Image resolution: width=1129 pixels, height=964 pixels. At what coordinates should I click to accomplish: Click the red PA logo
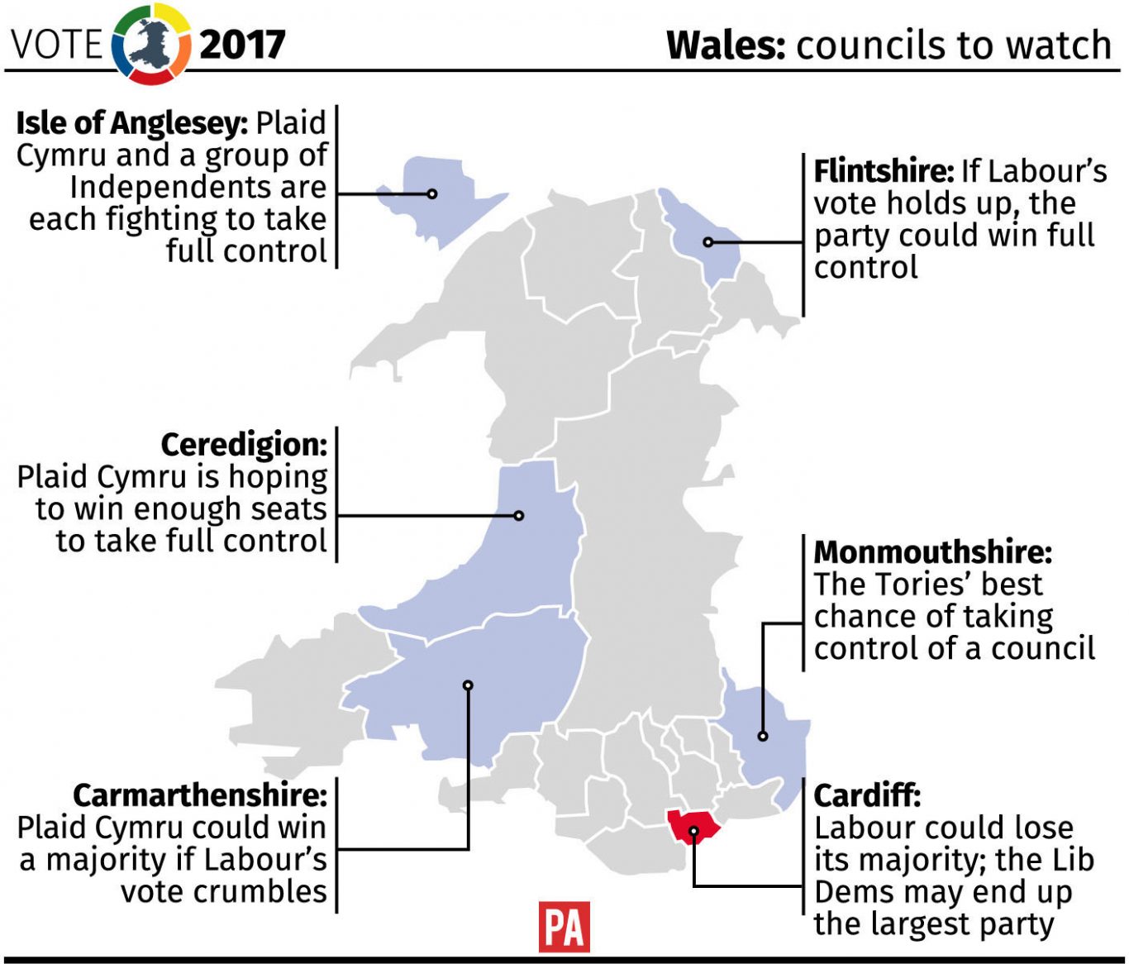564,926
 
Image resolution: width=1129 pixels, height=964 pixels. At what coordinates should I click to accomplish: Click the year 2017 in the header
242,45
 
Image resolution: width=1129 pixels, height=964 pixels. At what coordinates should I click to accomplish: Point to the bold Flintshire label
884,171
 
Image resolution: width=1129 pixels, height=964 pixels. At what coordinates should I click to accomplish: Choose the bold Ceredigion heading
244,445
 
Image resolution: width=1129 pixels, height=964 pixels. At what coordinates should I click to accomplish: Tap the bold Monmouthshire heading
933,552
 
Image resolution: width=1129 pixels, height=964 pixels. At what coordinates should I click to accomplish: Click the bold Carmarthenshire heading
200,795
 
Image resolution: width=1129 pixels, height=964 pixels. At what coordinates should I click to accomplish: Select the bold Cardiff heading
867,796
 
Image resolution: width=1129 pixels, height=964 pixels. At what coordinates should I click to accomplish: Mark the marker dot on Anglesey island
432,194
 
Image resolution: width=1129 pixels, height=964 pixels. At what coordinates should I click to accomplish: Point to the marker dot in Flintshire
708,242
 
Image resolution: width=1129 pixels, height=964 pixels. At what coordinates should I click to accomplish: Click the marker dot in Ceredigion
519,516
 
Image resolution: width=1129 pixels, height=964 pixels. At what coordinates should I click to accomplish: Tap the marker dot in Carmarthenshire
468,685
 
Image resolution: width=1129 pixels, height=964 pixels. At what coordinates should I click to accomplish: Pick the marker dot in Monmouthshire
763,736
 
